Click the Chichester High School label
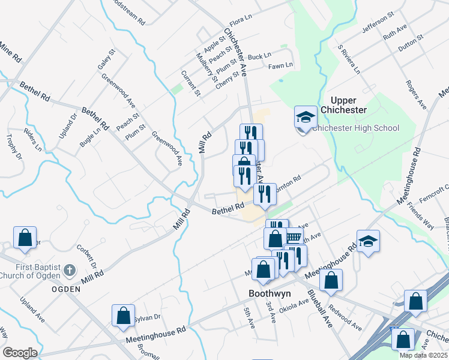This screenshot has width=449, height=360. coord(357,128)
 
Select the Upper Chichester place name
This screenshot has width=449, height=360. coord(343,105)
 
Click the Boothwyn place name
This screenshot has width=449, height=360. coord(270,294)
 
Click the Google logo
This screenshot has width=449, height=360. coord(20,353)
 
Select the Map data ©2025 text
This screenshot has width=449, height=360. coord(424,355)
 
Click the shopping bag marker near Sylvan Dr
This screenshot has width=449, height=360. coord(123,316)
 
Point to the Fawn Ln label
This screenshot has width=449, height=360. coord(280,65)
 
